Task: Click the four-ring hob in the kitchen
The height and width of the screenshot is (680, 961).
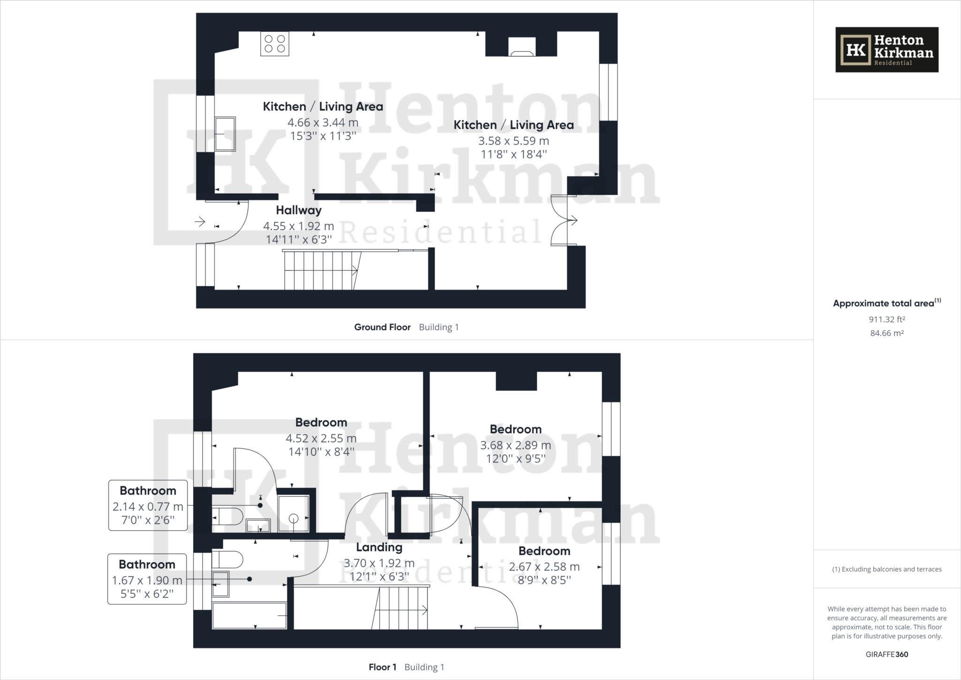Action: click(x=275, y=44)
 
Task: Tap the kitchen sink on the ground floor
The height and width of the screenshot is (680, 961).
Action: click(x=225, y=134)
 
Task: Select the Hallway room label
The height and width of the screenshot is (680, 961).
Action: click(x=298, y=210)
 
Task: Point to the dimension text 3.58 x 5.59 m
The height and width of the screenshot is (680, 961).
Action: click(x=513, y=141)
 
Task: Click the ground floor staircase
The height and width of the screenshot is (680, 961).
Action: click(x=321, y=270)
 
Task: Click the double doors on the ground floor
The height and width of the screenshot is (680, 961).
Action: click(x=562, y=220)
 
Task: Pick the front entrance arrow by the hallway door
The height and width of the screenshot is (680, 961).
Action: click(x=200, y=221)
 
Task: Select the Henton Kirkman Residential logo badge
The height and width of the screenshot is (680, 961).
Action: click(x=886, y=50)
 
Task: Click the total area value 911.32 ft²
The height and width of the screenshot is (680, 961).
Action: click(x=886, y=319)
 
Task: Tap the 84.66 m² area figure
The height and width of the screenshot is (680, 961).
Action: click(x=886, y=333)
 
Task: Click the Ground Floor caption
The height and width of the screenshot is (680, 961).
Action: click(x=382, y=327)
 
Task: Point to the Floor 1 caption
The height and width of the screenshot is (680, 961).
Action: click(x=382, y=667)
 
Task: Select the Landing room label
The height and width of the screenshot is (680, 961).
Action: click(x=379, y=547)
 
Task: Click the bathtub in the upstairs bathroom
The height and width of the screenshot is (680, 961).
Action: click(x=249, y=615)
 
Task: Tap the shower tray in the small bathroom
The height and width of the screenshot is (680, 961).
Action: click(x=293, y=514)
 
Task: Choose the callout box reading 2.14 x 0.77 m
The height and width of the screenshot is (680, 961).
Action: click(x=148, y=505)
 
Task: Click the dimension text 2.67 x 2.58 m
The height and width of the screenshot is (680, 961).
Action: click(x=544, y=567)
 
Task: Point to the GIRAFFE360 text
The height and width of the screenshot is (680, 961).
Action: click(x=886, y=654)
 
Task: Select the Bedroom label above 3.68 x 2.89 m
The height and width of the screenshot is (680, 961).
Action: click(x=515, y=429)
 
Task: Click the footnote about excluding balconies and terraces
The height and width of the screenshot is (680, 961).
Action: click(x=886, y=569)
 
